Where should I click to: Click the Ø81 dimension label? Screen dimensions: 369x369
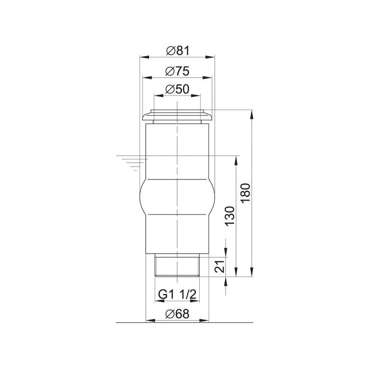point(178,51)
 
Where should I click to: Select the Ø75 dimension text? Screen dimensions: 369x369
point(177,71)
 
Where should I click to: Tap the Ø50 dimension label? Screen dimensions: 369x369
point(177,89)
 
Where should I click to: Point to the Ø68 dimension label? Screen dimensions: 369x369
point(177,314)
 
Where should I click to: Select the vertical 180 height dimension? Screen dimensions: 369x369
point(245,193)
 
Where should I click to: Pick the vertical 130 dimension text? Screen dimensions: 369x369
point(230,216)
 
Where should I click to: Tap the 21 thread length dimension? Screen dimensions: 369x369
point(220,267)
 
